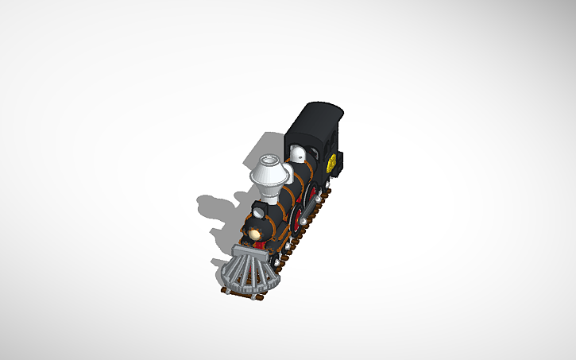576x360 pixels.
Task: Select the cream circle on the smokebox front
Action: click(x=255, y=233)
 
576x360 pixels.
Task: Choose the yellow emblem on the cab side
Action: click(x=331, y=163)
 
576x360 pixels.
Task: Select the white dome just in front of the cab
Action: click(x=297, y=154)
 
